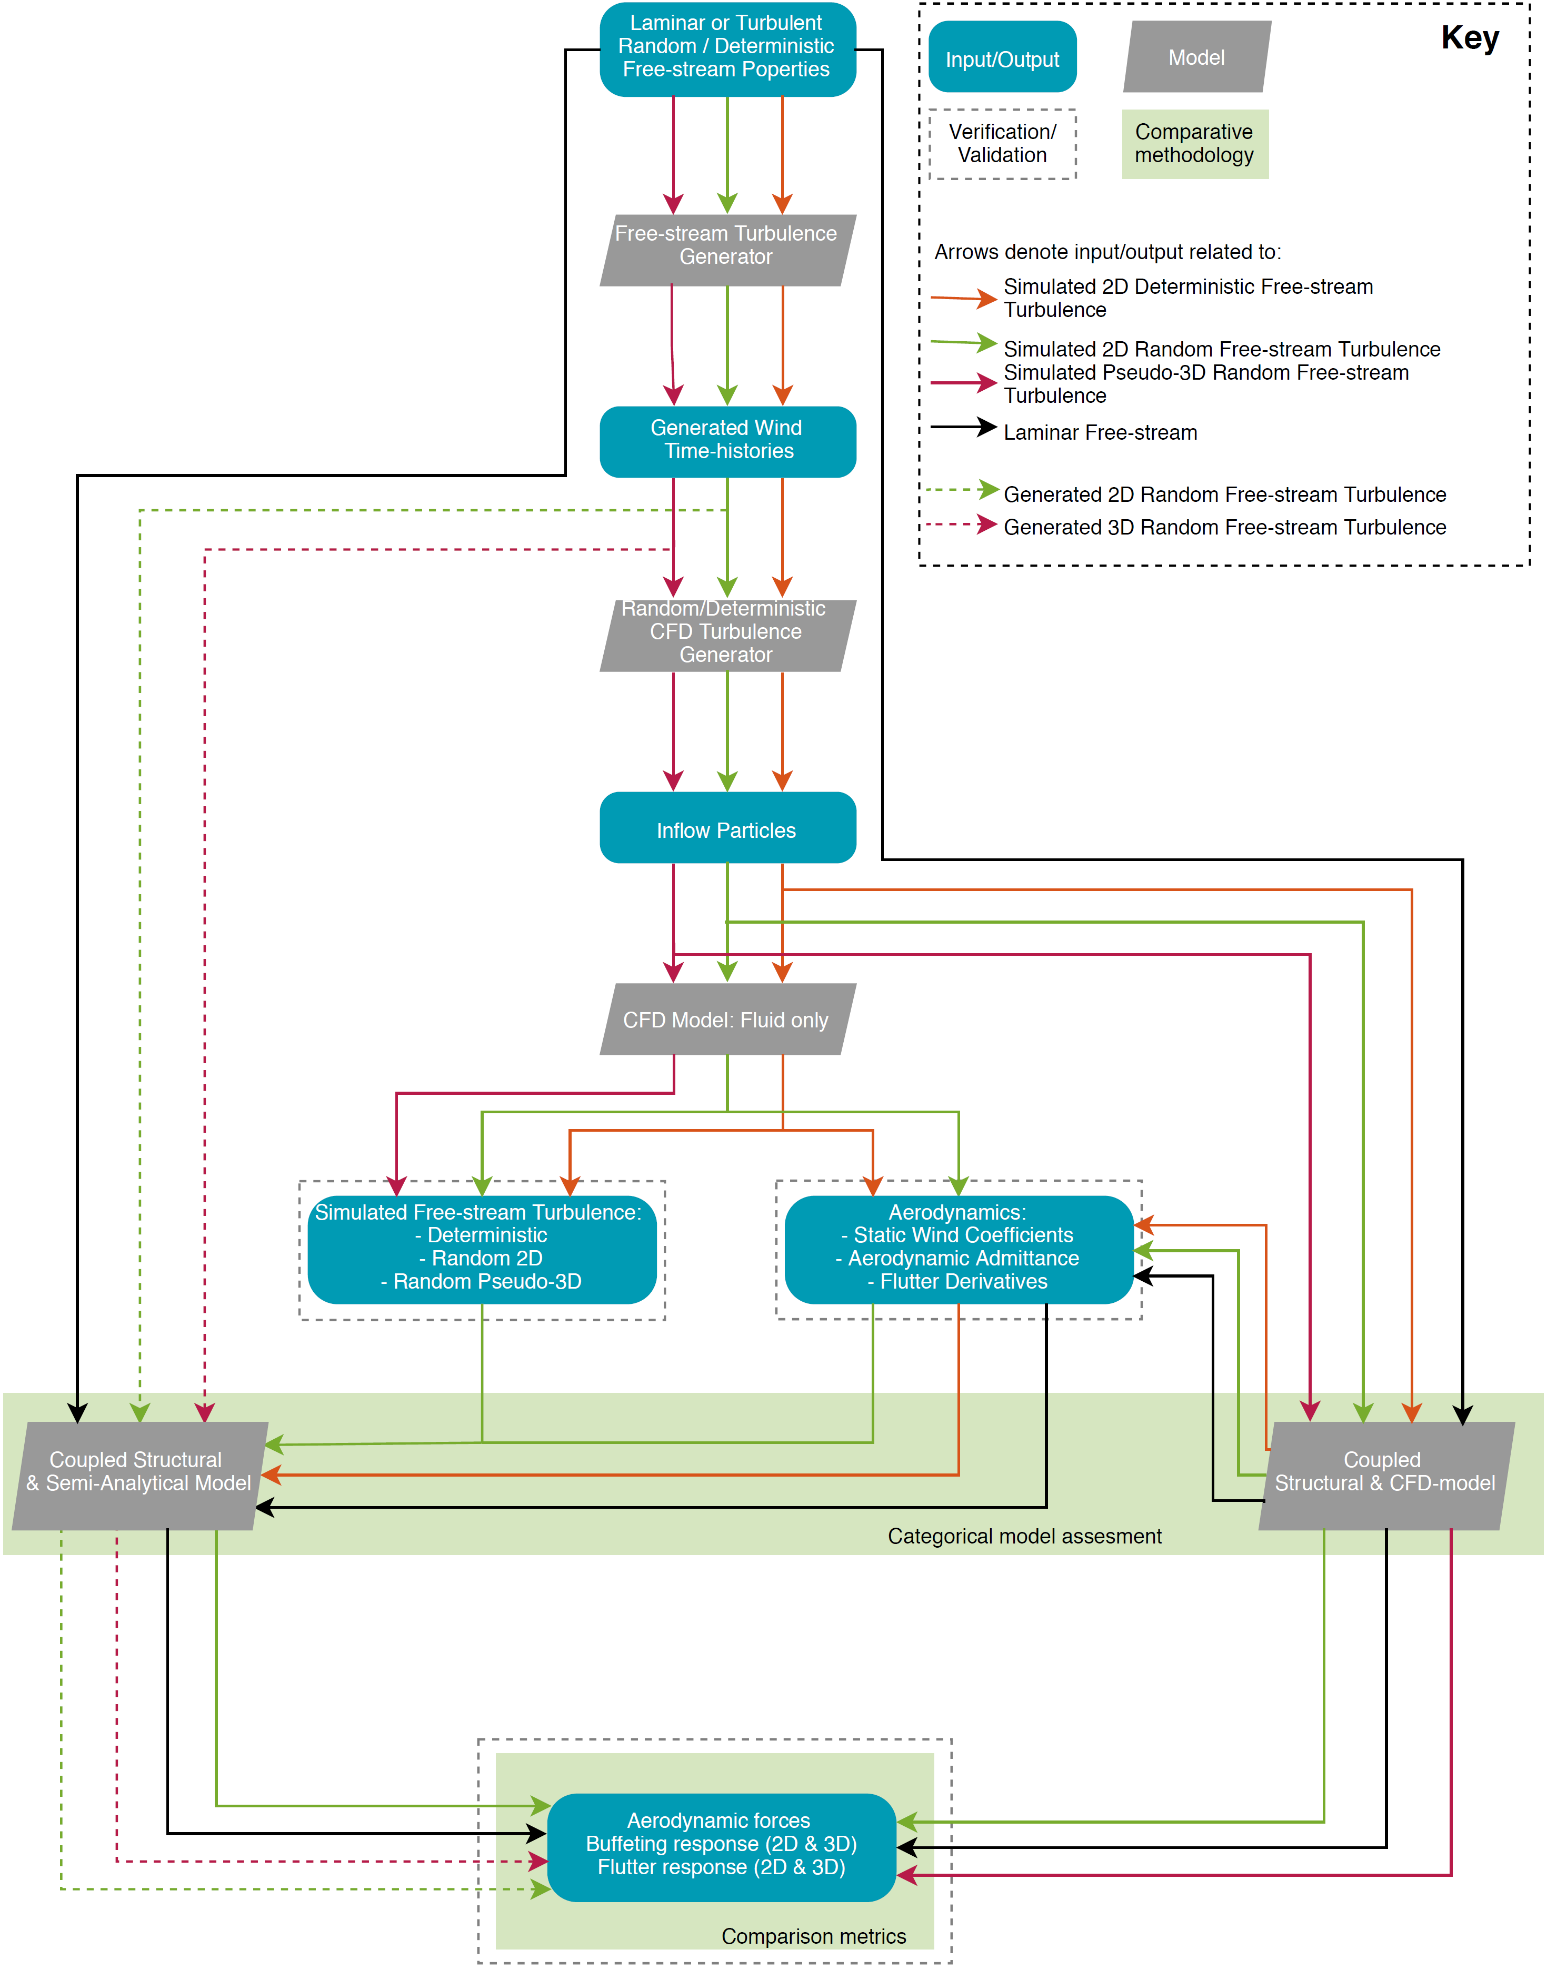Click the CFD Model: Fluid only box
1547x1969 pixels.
[x=726, y=1020]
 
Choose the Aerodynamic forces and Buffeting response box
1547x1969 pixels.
[x=721, y=1845]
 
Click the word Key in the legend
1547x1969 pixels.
[x=1469, y=38]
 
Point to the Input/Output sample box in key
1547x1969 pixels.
[x=1002, y=58]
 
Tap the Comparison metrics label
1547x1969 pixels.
[x=813, y=1935]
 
